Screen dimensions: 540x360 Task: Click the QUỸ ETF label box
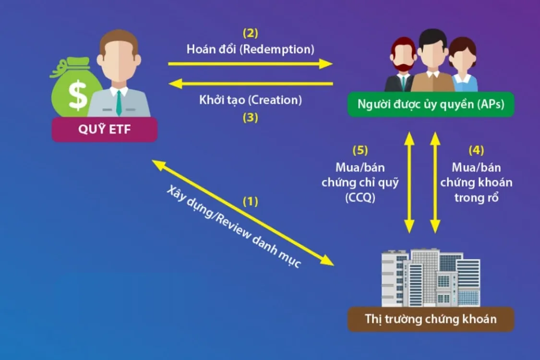point(105,130)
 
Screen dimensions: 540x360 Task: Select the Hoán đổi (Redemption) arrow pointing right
point(250,63)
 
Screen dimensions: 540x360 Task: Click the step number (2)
point(250,34)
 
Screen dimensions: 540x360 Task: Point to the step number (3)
point(250,117)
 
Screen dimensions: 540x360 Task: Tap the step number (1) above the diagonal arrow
point(250,201)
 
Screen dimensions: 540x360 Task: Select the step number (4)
point(476,150)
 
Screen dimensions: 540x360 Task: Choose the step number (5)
point(360,150)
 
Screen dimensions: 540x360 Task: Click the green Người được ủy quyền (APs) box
point(431,104)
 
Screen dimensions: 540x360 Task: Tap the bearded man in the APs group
point(402,65)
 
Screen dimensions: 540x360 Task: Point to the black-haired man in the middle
point(433,60)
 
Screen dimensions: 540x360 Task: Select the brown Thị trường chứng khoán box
point(431,319)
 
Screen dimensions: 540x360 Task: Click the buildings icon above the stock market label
point(431,278)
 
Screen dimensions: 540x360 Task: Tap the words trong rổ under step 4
point(476,197)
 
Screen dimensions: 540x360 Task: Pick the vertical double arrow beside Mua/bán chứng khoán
point(435,182)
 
